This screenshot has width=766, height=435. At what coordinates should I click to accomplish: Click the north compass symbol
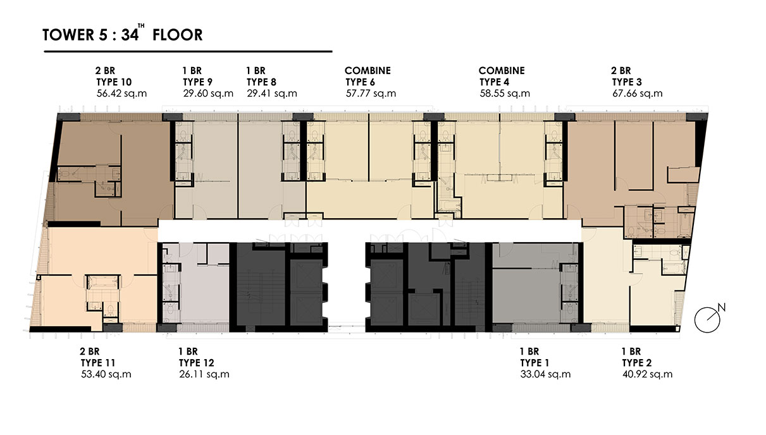(x=707, y=320)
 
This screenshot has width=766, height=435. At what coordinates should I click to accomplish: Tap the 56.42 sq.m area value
(x=121, y=94)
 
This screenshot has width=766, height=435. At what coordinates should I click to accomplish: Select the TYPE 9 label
(x=197, y=82)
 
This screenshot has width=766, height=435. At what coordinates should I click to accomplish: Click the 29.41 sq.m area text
(x=272, y=94)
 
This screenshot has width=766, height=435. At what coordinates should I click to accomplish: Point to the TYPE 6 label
(x=360, y=82)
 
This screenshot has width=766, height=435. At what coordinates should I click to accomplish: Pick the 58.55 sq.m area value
(x=505, y=94)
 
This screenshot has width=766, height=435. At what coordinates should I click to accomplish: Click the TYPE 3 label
(x=627, y=82)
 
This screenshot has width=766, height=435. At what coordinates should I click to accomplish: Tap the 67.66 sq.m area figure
(x=638, y=94)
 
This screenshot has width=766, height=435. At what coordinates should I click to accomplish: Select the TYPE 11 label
(x=98, y=362)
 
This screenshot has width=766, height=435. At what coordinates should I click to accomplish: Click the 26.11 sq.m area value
(x=204, y=374)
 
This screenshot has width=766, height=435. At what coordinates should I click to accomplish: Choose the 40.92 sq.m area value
(x=647, y=374)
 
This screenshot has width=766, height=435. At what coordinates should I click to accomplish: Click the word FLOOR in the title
(x=178, y=35)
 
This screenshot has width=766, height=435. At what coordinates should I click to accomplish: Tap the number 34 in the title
(x=130, y=35)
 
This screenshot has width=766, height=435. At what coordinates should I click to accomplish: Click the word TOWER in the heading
(x=68, y=35)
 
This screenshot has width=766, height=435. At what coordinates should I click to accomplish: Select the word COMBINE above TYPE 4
(x=502, y=70)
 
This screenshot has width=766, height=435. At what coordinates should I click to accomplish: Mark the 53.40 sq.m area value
(x=106, y=374)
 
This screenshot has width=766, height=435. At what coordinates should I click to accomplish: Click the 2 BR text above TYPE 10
(x=106, y=70)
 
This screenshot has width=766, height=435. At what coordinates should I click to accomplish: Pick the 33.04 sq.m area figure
(x=545, y=374)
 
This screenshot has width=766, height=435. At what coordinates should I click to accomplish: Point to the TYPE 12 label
(x=196, y=362)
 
